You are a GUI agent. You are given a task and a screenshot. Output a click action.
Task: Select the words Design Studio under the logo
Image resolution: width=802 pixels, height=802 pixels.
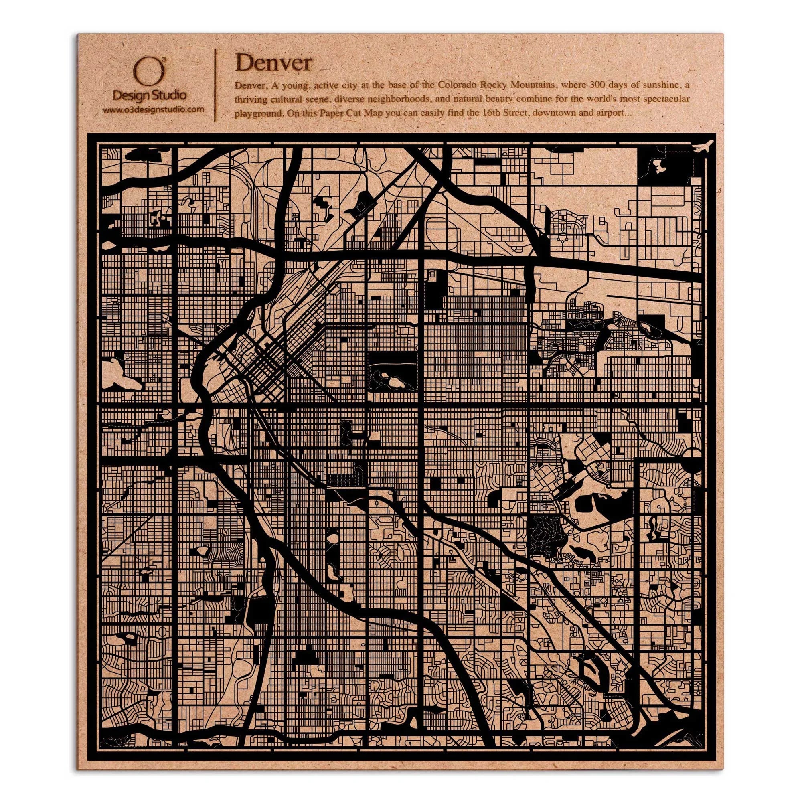point(150,95)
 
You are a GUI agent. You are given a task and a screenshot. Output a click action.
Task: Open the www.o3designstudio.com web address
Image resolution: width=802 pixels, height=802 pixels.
point(153,110)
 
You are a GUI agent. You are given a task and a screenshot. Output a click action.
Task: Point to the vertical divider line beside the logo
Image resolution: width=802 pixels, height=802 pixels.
point(215,85)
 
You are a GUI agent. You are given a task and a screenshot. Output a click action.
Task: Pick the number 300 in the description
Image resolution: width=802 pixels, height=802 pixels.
point(585,85)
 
